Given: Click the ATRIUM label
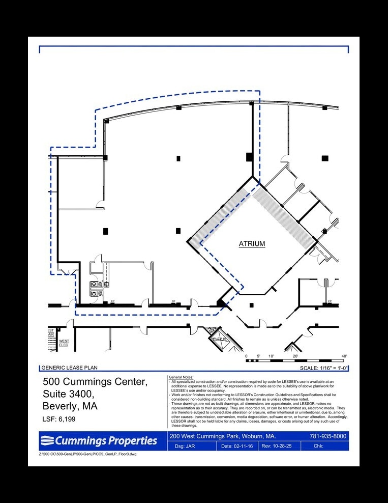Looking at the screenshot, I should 252,244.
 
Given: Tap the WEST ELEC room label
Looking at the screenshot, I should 64,343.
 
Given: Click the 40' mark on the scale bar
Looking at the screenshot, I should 344,356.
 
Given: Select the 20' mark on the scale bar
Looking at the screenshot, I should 295,356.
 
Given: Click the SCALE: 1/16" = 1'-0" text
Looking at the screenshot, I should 323,368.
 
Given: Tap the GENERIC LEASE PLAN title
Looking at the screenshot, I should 69,368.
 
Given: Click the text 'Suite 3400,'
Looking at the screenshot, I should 68,394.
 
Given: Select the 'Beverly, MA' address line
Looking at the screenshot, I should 70,406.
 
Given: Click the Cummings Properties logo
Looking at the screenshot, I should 100,440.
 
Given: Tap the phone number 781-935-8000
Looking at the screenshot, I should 328,436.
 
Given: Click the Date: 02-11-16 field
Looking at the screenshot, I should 237,446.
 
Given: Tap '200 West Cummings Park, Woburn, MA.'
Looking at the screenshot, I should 223,436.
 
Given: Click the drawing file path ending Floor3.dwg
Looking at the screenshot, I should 87,454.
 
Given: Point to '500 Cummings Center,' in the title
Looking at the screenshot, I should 95,382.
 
